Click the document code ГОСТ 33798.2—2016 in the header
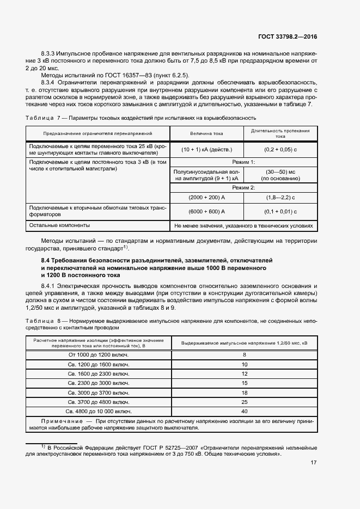click(287, 36)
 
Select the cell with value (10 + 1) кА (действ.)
click(206, 149)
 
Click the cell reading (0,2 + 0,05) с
click(280, 149)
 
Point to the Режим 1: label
click(243, 162)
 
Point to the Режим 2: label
click(243, 187)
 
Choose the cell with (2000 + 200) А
click(206, 197)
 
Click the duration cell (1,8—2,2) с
click(280, 197)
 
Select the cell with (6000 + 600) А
click(206, 211)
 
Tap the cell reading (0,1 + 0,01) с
click(280, 211)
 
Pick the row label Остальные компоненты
click(59, 225)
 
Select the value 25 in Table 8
click(244, 402)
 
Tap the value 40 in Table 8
click(244, 411)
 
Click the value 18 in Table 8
click(244, 392)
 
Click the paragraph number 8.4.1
click(50, 285)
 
